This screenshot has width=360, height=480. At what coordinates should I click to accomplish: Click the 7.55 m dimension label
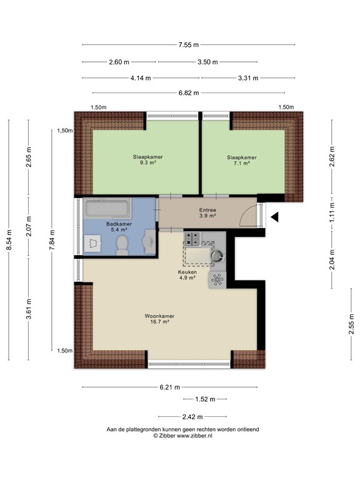point(188,45)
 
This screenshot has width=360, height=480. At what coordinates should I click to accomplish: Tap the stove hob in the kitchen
point(192,238)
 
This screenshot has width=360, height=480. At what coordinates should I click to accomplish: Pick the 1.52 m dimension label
point(204,399)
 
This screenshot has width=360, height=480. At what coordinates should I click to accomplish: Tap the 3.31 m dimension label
point(248,77)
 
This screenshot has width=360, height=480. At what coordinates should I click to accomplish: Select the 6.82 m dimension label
point(187,92)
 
